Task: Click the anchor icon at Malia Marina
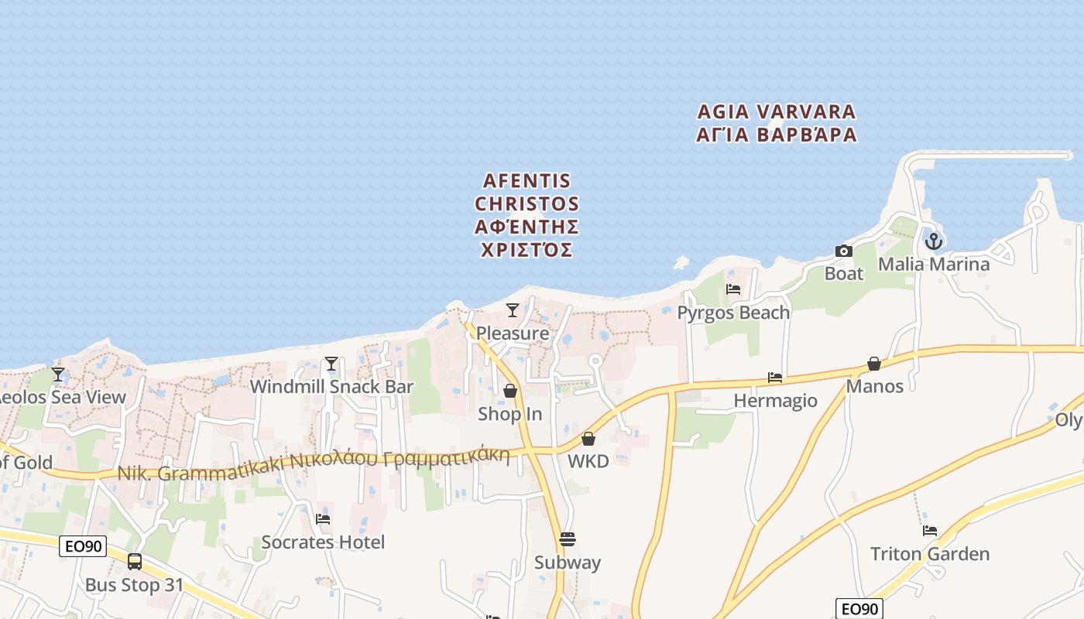click(934, 241)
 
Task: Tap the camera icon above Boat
click(843, 251)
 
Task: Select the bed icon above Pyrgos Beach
click(733, 289)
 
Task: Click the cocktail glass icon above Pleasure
click(512, 310)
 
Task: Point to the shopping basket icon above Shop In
click(509, 391)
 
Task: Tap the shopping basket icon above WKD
click(588, 439)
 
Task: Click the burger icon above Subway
click(568, 539)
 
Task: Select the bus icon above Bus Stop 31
click(135, 562)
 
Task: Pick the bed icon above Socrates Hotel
click(323, 518)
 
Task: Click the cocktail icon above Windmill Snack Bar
click(331, 364)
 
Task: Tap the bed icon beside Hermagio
click(774, 378)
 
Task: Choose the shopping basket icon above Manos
click(874, 364)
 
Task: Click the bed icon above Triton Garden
click(929, 531)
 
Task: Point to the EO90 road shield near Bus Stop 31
click(83, 546)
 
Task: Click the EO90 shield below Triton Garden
click(859, 609)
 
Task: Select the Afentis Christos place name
click(527, 215)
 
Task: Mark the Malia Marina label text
click(933, 265)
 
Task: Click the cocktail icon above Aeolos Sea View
click(58, 374)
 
